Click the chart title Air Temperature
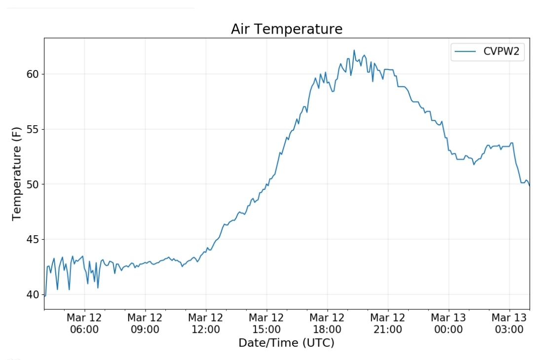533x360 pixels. click(x=286, y=29)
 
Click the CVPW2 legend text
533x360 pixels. click(x=501, y=52)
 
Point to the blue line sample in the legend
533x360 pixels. click(x=465, y=52)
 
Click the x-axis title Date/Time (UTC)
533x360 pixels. click(x=286, y=343)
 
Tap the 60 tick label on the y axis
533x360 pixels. click(x=32, y=74)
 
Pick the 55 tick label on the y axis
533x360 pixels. click(x=32, y=129)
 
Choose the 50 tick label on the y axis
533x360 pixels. click(x=32, y=184)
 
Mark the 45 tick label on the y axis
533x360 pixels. click(x=32, y=240)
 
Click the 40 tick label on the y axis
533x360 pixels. click(x=32, y=294)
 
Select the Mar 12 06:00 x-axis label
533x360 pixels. click(x=84, y=324)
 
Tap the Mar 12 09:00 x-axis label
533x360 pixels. click(x=145, y=324)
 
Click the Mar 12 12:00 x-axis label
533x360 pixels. click(x=206, y=324)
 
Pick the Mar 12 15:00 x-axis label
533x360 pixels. click(x=266, y=324)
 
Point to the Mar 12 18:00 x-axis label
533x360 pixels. click(x=327, y=324)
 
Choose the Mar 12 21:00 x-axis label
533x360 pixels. click(x=388, y=324)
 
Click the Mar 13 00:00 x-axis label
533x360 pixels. click(x=449, y=324)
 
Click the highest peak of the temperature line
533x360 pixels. click(x=354, y=50)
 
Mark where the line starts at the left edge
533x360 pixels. click(x=44, y=296)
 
